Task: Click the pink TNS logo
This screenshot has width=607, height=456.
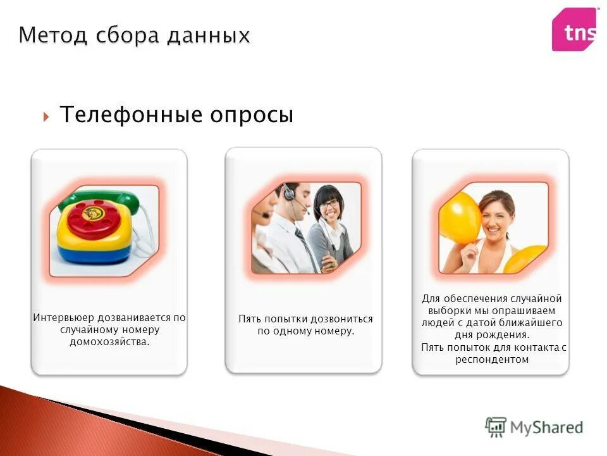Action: click(574, 30)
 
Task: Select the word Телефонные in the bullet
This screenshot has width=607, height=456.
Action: click(133, 115)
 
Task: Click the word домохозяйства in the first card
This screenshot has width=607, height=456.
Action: click(109, 342)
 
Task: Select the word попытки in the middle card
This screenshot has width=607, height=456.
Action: click(282, 319)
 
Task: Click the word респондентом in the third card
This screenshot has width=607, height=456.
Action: click(491, 359)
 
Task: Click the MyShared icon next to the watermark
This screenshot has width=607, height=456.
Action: click(496, 427)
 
